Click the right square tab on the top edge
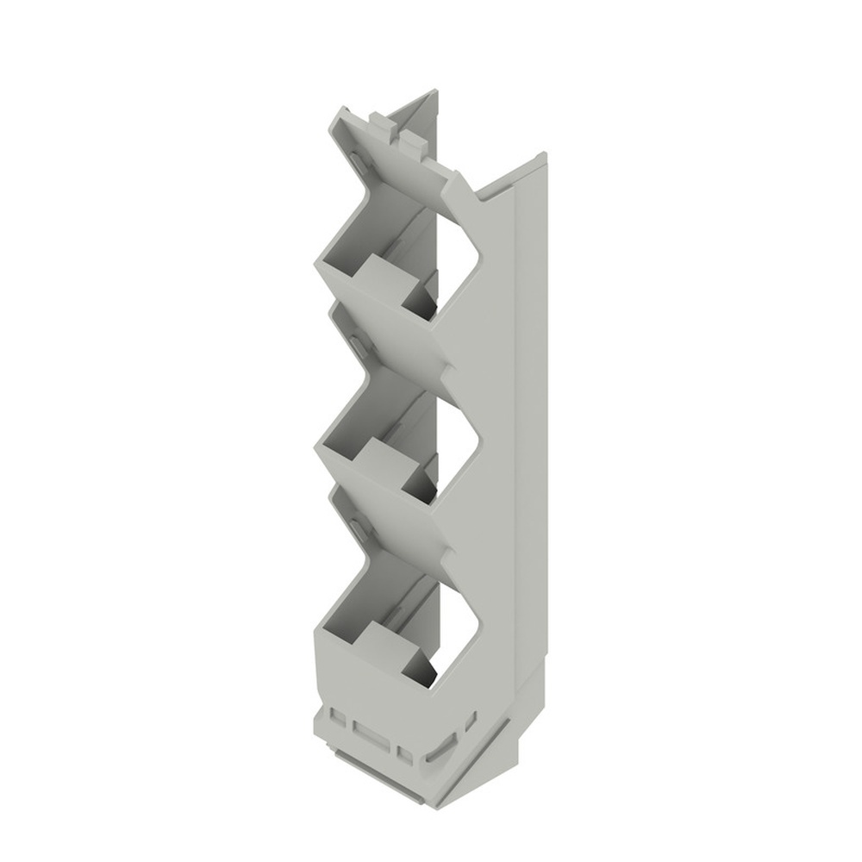(412, 141)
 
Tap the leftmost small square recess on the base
(338, 718)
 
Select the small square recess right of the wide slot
(404, 753)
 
